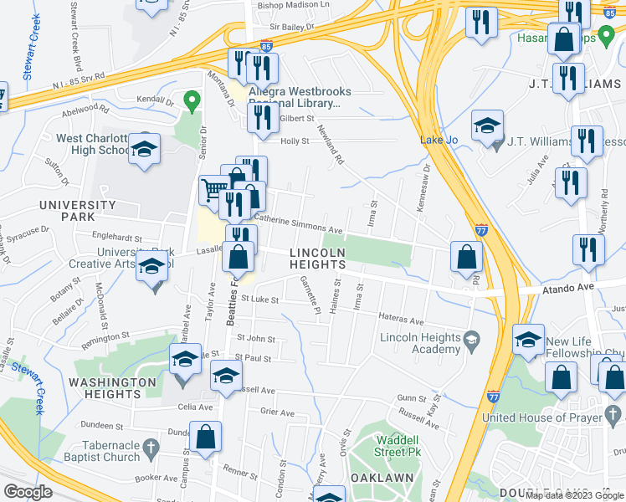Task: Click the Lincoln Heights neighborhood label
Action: (318, 259)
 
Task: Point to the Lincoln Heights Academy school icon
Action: (473, 338)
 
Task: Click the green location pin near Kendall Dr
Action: (192, 102)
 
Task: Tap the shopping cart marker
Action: (214, 189)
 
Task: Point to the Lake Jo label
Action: (438, 140)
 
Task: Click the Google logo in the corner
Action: (28, 492)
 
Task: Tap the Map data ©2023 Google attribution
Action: (574, 494)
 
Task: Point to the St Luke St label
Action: (259, 299)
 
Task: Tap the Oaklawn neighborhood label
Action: (386, 477)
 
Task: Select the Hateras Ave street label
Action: (403, 320)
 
